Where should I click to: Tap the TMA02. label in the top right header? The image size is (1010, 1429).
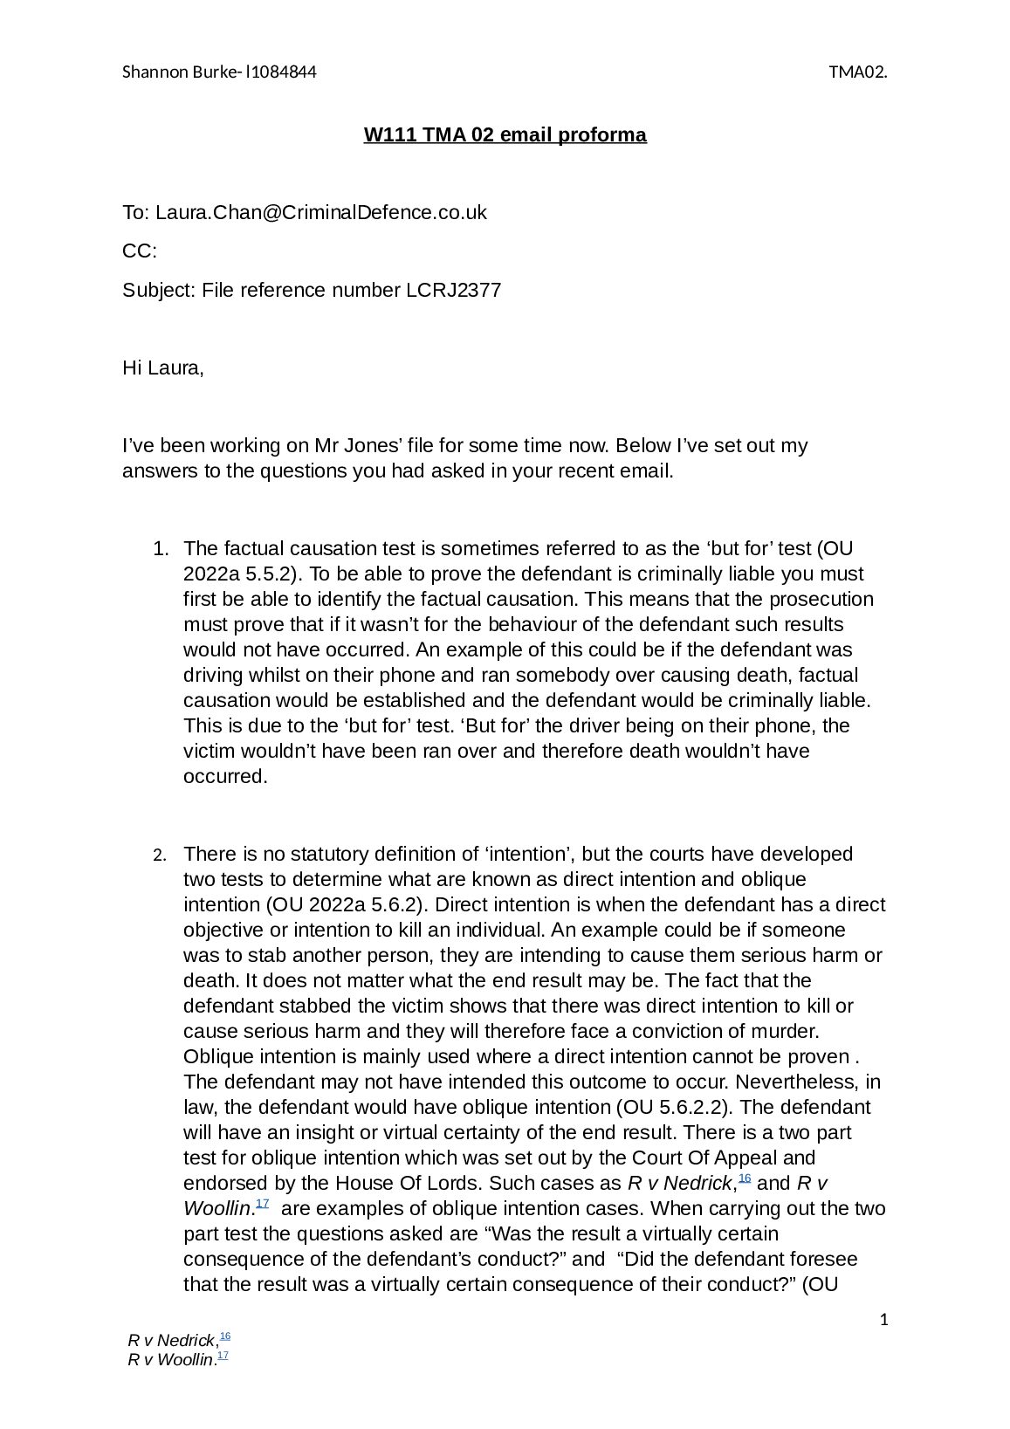(858, 72)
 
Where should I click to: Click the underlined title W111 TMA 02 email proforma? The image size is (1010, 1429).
(505, 135)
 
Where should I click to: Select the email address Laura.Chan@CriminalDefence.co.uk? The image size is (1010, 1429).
(320, 213)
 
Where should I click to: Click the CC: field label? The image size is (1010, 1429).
(139, 252)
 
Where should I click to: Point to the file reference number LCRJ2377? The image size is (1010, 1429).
(453, 291)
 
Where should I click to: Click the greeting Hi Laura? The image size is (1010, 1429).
(162, 368)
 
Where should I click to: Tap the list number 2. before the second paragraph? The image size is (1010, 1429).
(159, 855)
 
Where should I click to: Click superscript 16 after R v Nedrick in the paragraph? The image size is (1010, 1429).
(745, 1178)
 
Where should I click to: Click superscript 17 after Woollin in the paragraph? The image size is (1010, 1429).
(262, 1204)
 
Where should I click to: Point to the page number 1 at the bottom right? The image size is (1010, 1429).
(883, 1320)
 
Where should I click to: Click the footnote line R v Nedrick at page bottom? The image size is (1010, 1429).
(171, 1340)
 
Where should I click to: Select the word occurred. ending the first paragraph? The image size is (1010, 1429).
(225, 777)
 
